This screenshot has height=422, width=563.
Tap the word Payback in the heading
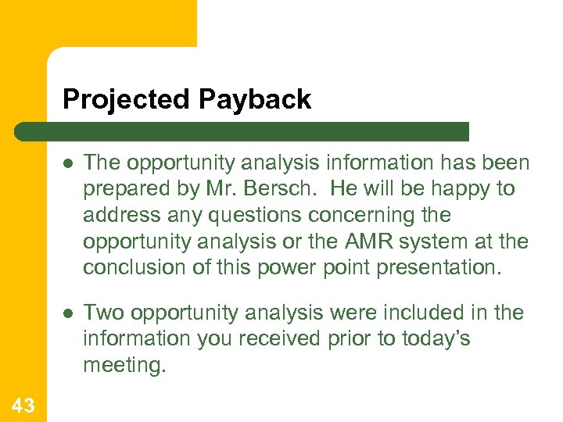pos(255,100)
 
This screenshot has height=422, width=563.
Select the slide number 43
pos(23,405)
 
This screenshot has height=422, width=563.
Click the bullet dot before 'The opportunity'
pos(69,163)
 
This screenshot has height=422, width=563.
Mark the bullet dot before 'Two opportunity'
pos(69,313)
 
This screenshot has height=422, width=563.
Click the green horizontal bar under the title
pos(242,131)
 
